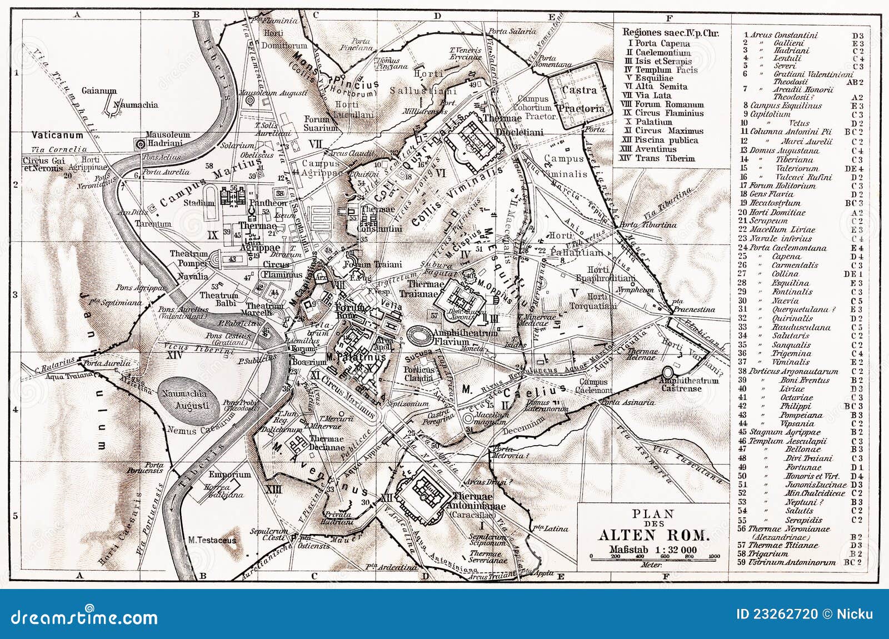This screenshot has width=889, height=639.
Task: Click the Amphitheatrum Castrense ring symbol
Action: coord(668,374)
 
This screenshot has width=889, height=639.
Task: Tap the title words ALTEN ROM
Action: coord(653,536)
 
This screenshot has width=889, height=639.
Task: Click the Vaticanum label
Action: coord(57,135)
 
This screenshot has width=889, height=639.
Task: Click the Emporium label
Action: coord(230,475)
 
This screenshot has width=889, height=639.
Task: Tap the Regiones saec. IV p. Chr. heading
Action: coord(670,33)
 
